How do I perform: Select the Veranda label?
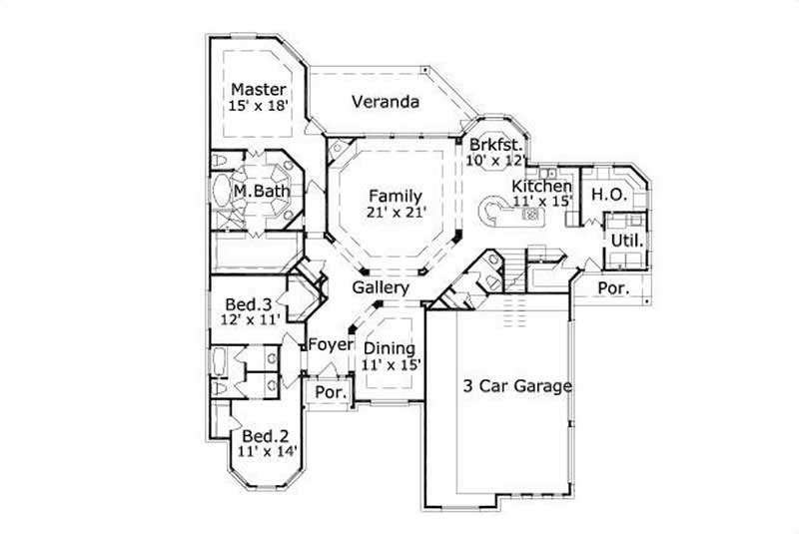click(x=385, y=101)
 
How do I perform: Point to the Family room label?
click(x=394, y=195)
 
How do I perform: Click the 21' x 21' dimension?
click(x=394, y=212)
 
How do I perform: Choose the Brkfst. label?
click(x=497, y=144)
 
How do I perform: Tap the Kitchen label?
click(x=541, y=186)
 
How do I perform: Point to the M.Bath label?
click(x=256, y=191)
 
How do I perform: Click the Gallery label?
click(x=381, y=287)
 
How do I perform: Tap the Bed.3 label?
click(x=248, y=303)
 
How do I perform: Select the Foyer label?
click(x=331, y=344)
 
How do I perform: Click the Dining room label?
click(x=389, y=348)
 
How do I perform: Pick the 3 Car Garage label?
click(x=516, y=386)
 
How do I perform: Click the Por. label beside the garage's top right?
click(x=611, y=287)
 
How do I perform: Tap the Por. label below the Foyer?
click(x=330, y=392)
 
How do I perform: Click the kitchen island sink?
click(x=530, y=213)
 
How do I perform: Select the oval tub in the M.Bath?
click(x=220, y=191)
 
